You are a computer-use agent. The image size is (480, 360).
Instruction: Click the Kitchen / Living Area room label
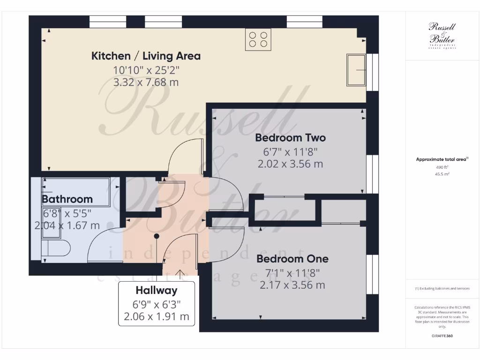[x=146, y=56]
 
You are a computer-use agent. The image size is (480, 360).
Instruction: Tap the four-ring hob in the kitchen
[x=258, y=39]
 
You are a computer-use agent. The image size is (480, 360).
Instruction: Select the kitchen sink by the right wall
[x=356, y=70]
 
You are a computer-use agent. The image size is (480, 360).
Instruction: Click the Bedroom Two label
[x=290, y=138]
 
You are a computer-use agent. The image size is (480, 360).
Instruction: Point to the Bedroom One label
[x=292, y=259]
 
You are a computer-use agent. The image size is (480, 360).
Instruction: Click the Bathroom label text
[x=67, y=199]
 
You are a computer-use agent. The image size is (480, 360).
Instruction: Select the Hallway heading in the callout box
[x=157, y=290]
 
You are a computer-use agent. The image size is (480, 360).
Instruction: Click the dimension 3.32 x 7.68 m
[x=146, y=82]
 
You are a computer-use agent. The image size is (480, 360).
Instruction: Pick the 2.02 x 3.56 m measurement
[x=290, y=164]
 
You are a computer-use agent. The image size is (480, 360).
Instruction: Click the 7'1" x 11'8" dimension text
[x=292, y=272]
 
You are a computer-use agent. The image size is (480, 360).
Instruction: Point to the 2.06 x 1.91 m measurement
[x=157, y=316]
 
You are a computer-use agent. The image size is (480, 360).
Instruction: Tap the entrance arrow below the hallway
[x=180, y=274]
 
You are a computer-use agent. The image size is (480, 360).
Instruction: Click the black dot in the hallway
[x=157, y=236]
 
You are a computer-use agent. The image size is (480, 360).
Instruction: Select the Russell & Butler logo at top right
[x=442, y=36]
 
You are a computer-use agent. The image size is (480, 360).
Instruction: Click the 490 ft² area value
[x=442, y=167]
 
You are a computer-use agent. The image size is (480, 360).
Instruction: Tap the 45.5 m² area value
[x=442, y=174]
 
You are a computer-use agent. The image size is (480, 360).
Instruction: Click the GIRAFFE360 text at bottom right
[x=442, y=336]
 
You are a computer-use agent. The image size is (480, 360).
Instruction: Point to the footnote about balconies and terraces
[x=442, y=288]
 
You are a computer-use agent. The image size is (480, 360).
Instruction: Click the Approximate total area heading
[x=442, y=159]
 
